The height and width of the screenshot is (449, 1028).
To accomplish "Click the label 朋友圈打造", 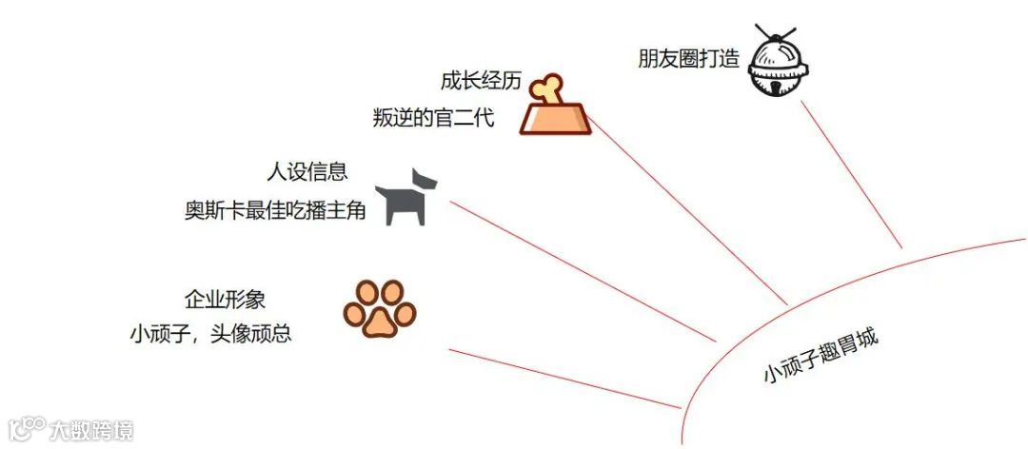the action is pyautogui.click(x=688, y=59).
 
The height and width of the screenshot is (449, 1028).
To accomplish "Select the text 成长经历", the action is pyautogui.click(x=481, y=81).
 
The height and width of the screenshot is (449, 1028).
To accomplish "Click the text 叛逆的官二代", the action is pyautogui.click(x=434, y=120).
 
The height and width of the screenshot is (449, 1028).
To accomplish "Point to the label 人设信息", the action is pyautogui.click(x=306, y=172).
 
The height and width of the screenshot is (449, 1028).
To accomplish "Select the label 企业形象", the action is pyautogui.click(x=225, y=300).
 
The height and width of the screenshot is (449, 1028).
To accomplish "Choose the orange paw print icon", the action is pyautogui.click(x=380, y=308).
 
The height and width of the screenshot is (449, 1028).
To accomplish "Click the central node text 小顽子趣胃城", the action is pyautogui.click(x=821, y=356).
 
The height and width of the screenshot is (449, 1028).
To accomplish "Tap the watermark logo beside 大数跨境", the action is pyautogui.click(x=26, y=429).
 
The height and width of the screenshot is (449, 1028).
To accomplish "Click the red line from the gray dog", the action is pyautogui.click(x=581, y=270).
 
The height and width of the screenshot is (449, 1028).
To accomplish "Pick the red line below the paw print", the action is pyautogui.click(x=562, y=379).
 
